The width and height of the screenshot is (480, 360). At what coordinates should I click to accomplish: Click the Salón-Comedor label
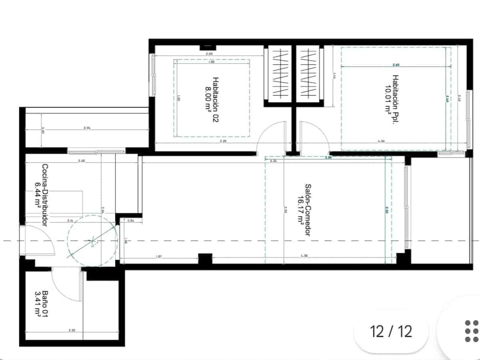(308, 210)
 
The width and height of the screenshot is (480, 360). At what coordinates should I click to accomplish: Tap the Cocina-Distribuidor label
(45, 195)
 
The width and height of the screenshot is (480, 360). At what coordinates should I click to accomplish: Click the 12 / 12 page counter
(391, 331)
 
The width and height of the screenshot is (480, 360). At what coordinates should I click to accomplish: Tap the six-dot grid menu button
(471, 331)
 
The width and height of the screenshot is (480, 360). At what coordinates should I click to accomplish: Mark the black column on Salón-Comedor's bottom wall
(205, 260)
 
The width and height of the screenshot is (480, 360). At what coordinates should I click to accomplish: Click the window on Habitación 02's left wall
(152, 74)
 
